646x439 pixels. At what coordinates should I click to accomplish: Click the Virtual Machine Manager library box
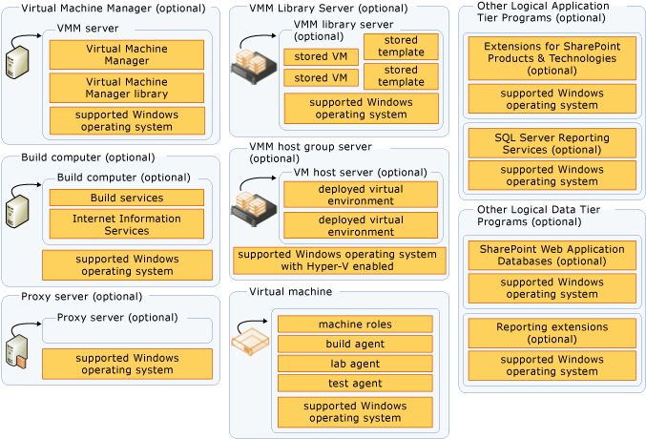click(126, 88)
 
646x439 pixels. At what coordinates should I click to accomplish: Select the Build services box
click(126, 198)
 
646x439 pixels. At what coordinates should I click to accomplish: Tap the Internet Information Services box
click(126, 223)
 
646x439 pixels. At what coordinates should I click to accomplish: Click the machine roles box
click(355, 324)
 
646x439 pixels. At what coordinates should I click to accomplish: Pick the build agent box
click(355, 345)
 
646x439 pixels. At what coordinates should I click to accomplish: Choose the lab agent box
click(355, 364)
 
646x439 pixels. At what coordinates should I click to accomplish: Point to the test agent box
click(355, 384)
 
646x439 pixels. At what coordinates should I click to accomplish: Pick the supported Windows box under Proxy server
click(126, 364)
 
